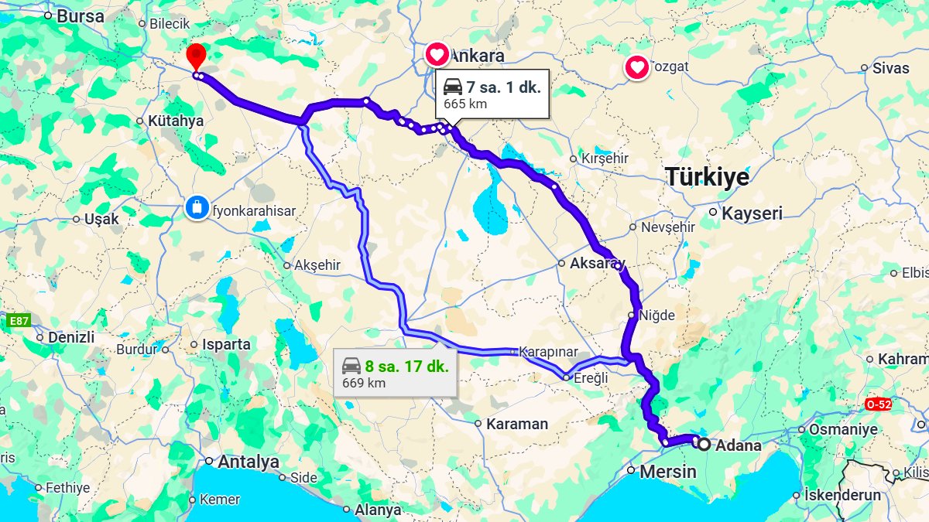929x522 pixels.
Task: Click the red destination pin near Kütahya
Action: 197,56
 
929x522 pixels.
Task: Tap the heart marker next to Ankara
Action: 437,55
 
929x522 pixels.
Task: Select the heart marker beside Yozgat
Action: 637,68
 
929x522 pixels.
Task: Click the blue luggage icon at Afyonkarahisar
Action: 197,207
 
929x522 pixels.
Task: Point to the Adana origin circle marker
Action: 703,445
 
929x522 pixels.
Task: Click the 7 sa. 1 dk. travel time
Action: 502,87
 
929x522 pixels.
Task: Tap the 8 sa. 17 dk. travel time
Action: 406,366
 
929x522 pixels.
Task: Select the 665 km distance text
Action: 465,104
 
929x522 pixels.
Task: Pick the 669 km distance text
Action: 364,383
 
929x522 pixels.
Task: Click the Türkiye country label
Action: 707,177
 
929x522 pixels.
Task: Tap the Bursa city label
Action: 81,15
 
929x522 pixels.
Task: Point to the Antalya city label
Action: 248,462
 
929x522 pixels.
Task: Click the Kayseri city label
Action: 751,213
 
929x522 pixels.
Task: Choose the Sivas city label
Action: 890,68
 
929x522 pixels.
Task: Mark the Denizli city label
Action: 71,338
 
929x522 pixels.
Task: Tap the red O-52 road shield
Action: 879,404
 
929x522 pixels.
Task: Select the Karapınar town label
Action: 548,352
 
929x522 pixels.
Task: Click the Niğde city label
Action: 656,316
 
